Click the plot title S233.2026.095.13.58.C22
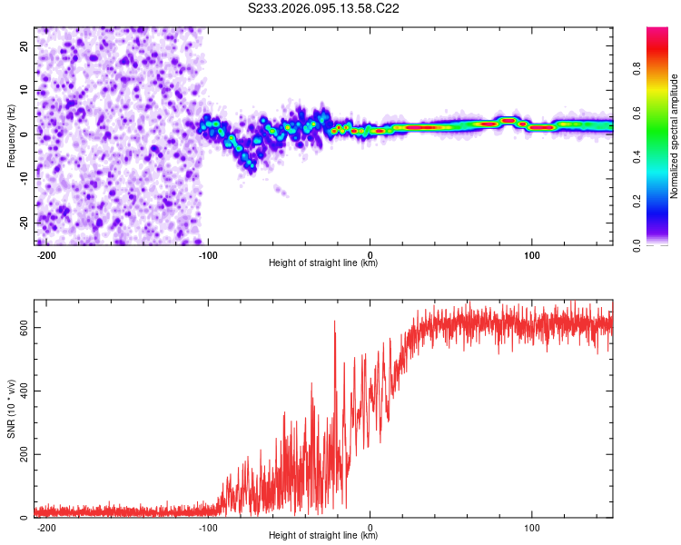click(324, 8)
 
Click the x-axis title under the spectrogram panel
click(323, 263)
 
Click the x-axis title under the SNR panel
click(323, 536)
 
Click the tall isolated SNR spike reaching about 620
click(334, 322)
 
